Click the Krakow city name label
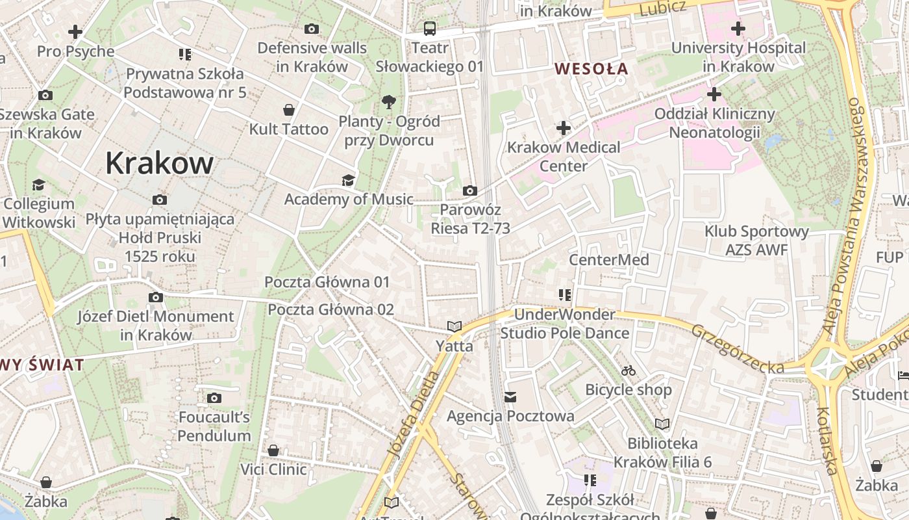pos(159,162)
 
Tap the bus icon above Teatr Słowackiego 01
pos(430,28)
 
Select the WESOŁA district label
pos(591,68)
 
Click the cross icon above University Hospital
pos(738,29)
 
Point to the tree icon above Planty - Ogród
pos(389,101)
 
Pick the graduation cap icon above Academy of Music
pos(349,180)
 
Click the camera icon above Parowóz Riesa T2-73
pos(470,190)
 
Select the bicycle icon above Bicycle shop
pos(628,370)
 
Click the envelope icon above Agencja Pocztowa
pos(510,396)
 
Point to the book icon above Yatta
pos(454,326)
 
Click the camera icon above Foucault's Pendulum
pos(214,398)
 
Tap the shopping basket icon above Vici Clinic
pos(273,450)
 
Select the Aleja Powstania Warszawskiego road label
pos(843,214)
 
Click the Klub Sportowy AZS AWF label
pos(757,240)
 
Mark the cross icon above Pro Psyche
pos(75,31)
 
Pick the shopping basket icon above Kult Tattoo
pos(289,110)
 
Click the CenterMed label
pos(609,260)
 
